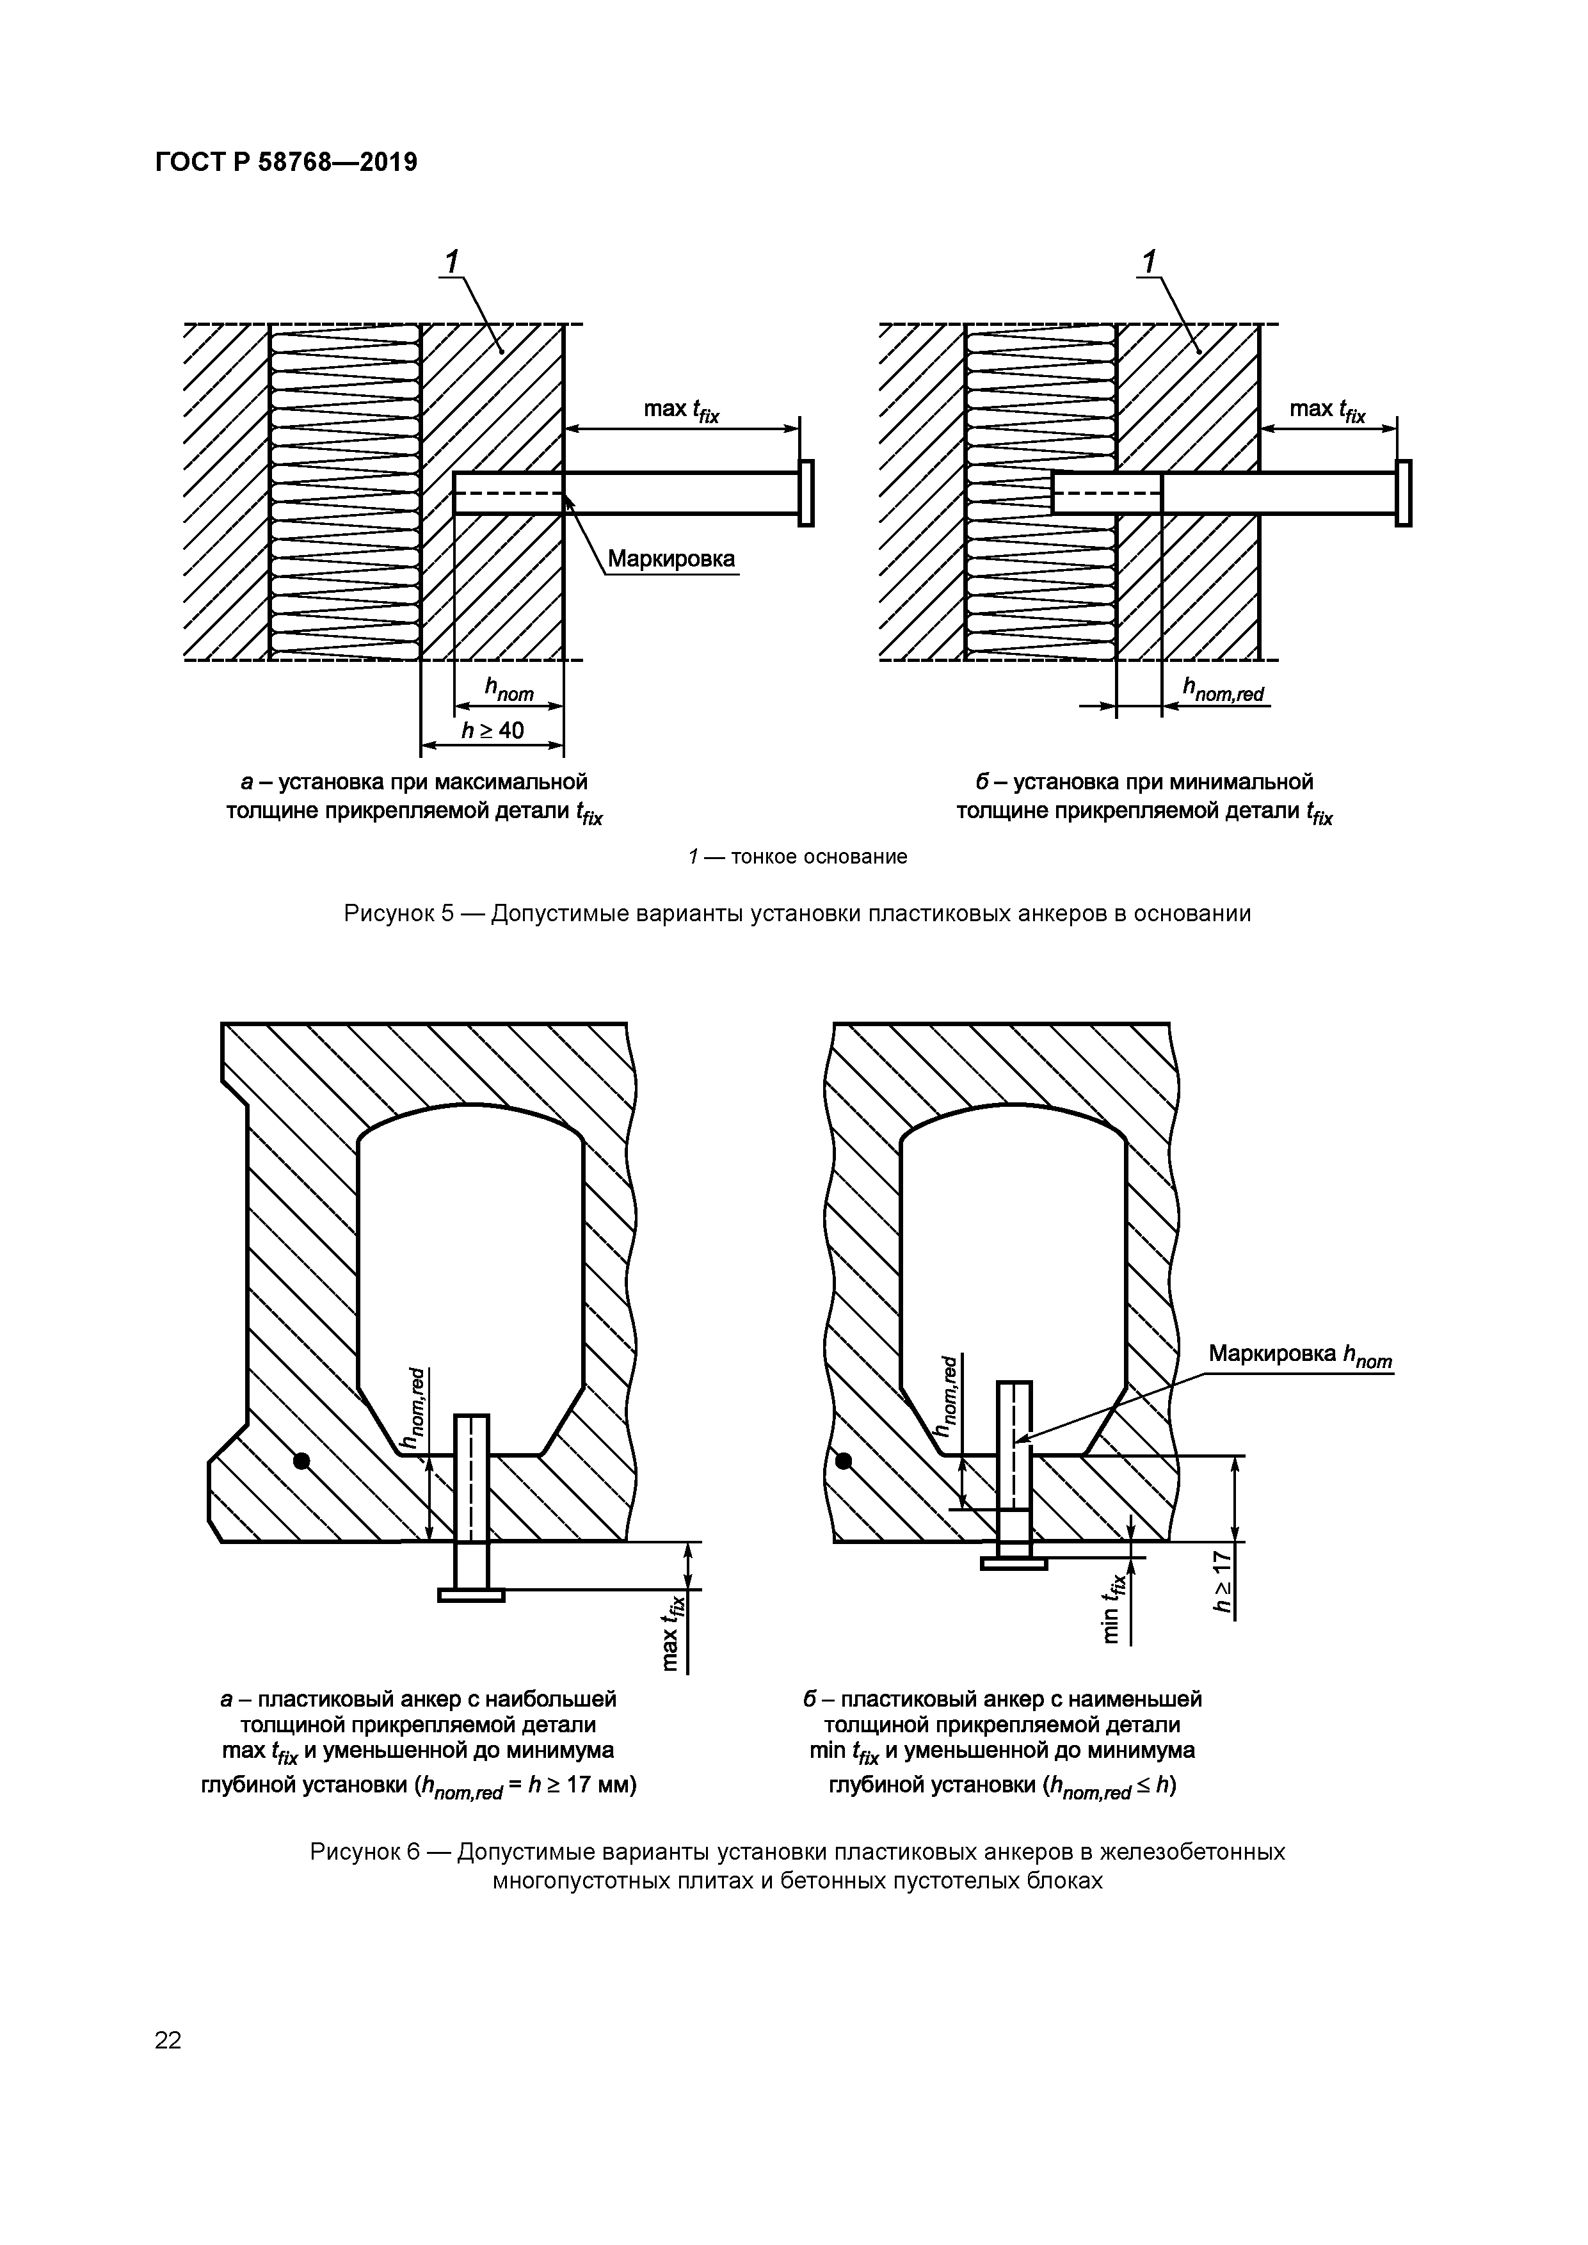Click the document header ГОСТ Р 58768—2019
285,161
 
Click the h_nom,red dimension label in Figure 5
1223,691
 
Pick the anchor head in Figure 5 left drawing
806,493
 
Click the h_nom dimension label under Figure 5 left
509,691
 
